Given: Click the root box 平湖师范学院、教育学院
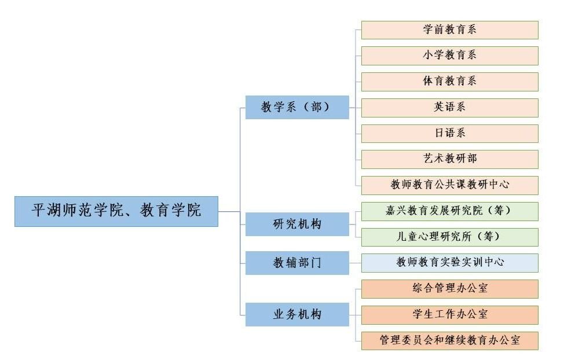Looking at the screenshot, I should [116, 211].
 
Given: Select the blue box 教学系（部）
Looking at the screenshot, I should [297, 107].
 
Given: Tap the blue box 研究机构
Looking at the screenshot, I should [297, 224].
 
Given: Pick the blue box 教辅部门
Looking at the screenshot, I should [297, 263].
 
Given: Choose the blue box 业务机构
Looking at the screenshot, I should [297, 315].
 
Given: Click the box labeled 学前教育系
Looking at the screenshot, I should [449, 30].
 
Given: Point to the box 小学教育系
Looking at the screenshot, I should [449, 56].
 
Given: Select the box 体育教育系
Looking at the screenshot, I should [449, 82].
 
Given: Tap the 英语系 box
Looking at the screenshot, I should [449, 108].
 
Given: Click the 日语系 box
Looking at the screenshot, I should [449, 133].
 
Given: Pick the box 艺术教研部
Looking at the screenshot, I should [449, 159].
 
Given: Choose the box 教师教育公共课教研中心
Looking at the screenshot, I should [449, 185].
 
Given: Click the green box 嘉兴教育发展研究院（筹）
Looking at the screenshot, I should [449, 211].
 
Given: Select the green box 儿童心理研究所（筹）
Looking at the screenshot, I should [449, 237].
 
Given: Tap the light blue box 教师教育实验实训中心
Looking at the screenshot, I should [449, 263].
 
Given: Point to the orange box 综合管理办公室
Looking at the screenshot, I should [449, 289].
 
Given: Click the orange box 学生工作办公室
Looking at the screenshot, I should [449, 315].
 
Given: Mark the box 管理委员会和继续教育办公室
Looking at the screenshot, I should [449, 340].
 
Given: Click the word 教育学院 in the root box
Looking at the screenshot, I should [171, 211].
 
